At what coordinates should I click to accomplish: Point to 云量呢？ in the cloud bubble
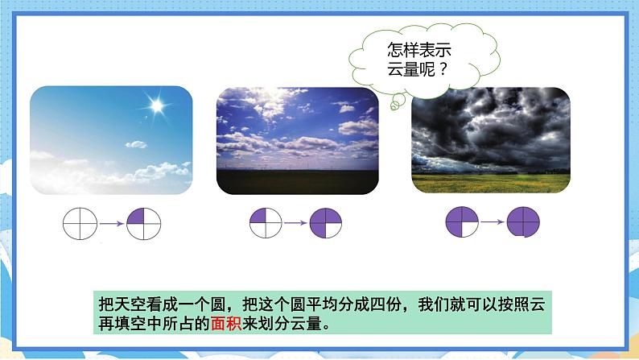click(418, 69)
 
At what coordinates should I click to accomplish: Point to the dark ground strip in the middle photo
click(297, 180)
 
